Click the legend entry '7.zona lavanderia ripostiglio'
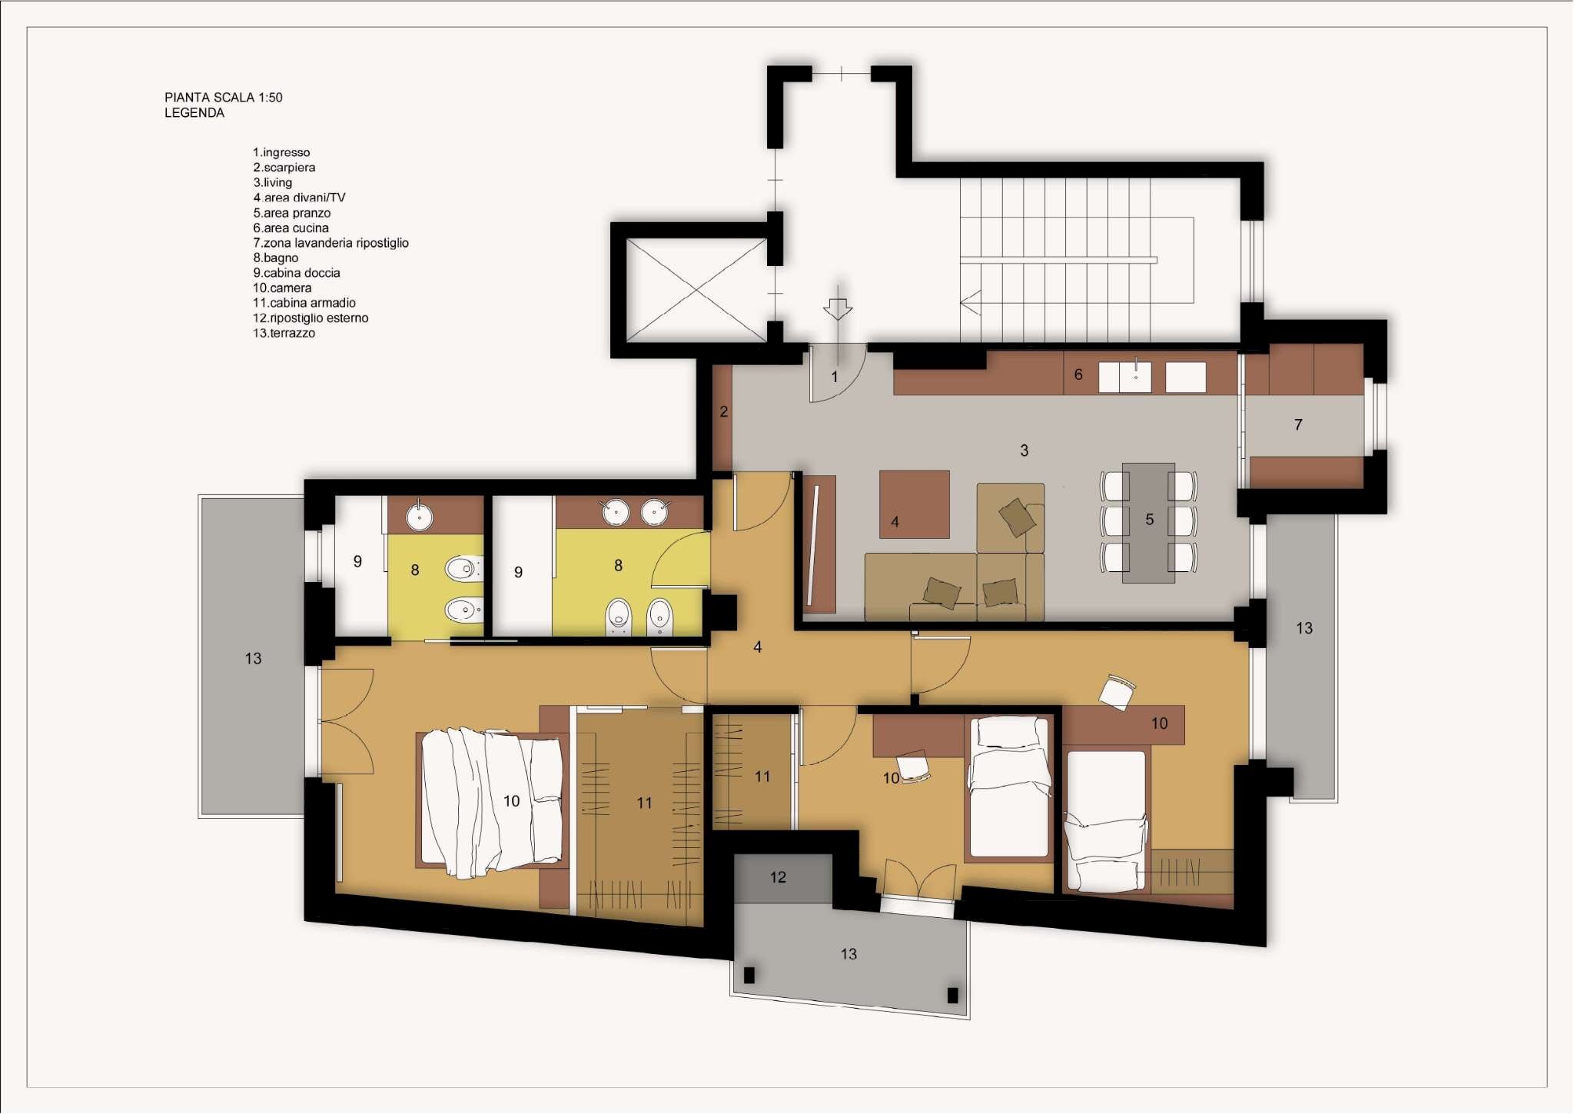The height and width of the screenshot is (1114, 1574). click(x=330, y=243)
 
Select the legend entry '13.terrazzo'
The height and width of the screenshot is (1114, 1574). click(x=284, y=333)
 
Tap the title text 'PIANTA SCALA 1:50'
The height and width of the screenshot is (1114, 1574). click(x=223, y=98)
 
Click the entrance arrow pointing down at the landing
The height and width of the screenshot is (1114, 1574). click(x=837, y=308)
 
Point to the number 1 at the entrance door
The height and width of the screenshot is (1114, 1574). click(x=835, y=377)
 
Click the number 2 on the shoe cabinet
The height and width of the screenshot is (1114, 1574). click(x=723, y=412)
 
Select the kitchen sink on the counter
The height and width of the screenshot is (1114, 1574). click(x=1135, y=377)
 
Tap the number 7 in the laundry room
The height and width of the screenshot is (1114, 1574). click(x=1298, y=424)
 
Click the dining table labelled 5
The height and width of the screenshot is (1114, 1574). click(x=1148, y=522)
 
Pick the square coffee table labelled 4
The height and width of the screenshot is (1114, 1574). click(x=914, y=504)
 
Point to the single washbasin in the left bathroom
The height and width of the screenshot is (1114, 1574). click(x=419, y=517)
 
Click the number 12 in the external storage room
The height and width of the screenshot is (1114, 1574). click(x=778, y=877)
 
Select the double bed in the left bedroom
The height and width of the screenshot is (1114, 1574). click(x=492, y=800)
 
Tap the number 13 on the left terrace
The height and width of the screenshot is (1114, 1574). click(x=253, y=659)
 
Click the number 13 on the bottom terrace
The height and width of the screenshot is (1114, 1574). click(x=848, y=954)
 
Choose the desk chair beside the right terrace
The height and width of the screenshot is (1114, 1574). click(x=1117, y=691)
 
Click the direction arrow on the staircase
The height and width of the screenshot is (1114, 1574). click(x=971, y=302)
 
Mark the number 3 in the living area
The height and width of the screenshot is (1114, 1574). click(x=1024, y=451)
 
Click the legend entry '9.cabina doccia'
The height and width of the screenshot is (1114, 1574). click(x=296, y=273)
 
